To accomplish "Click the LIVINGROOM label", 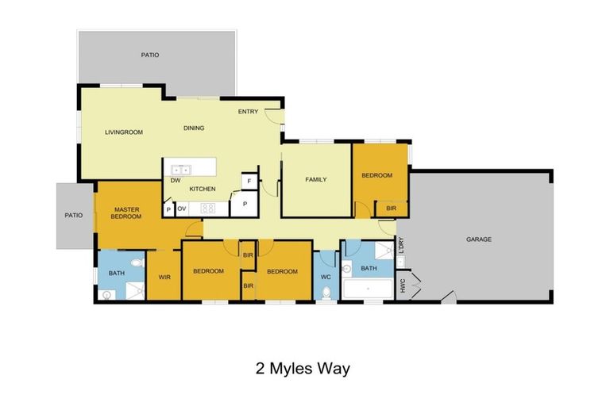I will click(124, 132).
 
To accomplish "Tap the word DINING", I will click(194, 128).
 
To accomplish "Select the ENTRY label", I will click(248, 112).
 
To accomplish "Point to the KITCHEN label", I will click(202, 189).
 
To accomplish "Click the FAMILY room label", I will click(316, 180).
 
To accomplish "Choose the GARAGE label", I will click(478, 239).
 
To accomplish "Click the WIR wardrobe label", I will click(165, 277).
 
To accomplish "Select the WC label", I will click(326, 277).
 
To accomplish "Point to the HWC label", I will click(403, 283).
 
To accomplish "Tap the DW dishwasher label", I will click(174, 180).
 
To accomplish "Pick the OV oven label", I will click(182, 209).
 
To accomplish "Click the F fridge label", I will click(249, 182).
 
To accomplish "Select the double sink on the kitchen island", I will click(180, 169).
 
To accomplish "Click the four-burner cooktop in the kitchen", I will click(208, 209).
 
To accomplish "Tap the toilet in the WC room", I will click(326, 294).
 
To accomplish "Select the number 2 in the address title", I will click(260, 369).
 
